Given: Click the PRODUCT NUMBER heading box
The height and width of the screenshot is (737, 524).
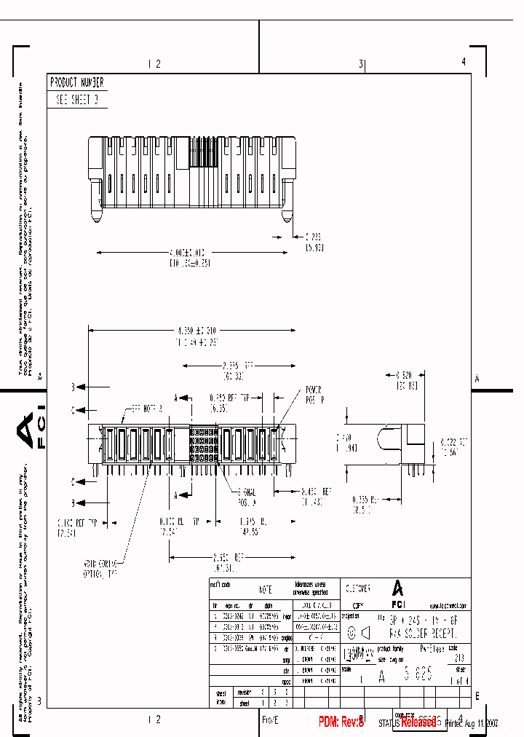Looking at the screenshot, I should click(x=76, y=83).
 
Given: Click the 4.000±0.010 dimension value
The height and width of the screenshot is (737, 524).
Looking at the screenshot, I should click(x=190, y=253).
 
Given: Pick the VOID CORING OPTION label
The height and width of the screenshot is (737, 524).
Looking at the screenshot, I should click(x=100, y=567).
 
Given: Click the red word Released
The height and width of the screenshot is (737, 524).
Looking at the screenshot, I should click(x=418, y=722).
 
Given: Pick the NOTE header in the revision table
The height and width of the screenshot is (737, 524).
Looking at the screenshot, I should click(x=266, y=588).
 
